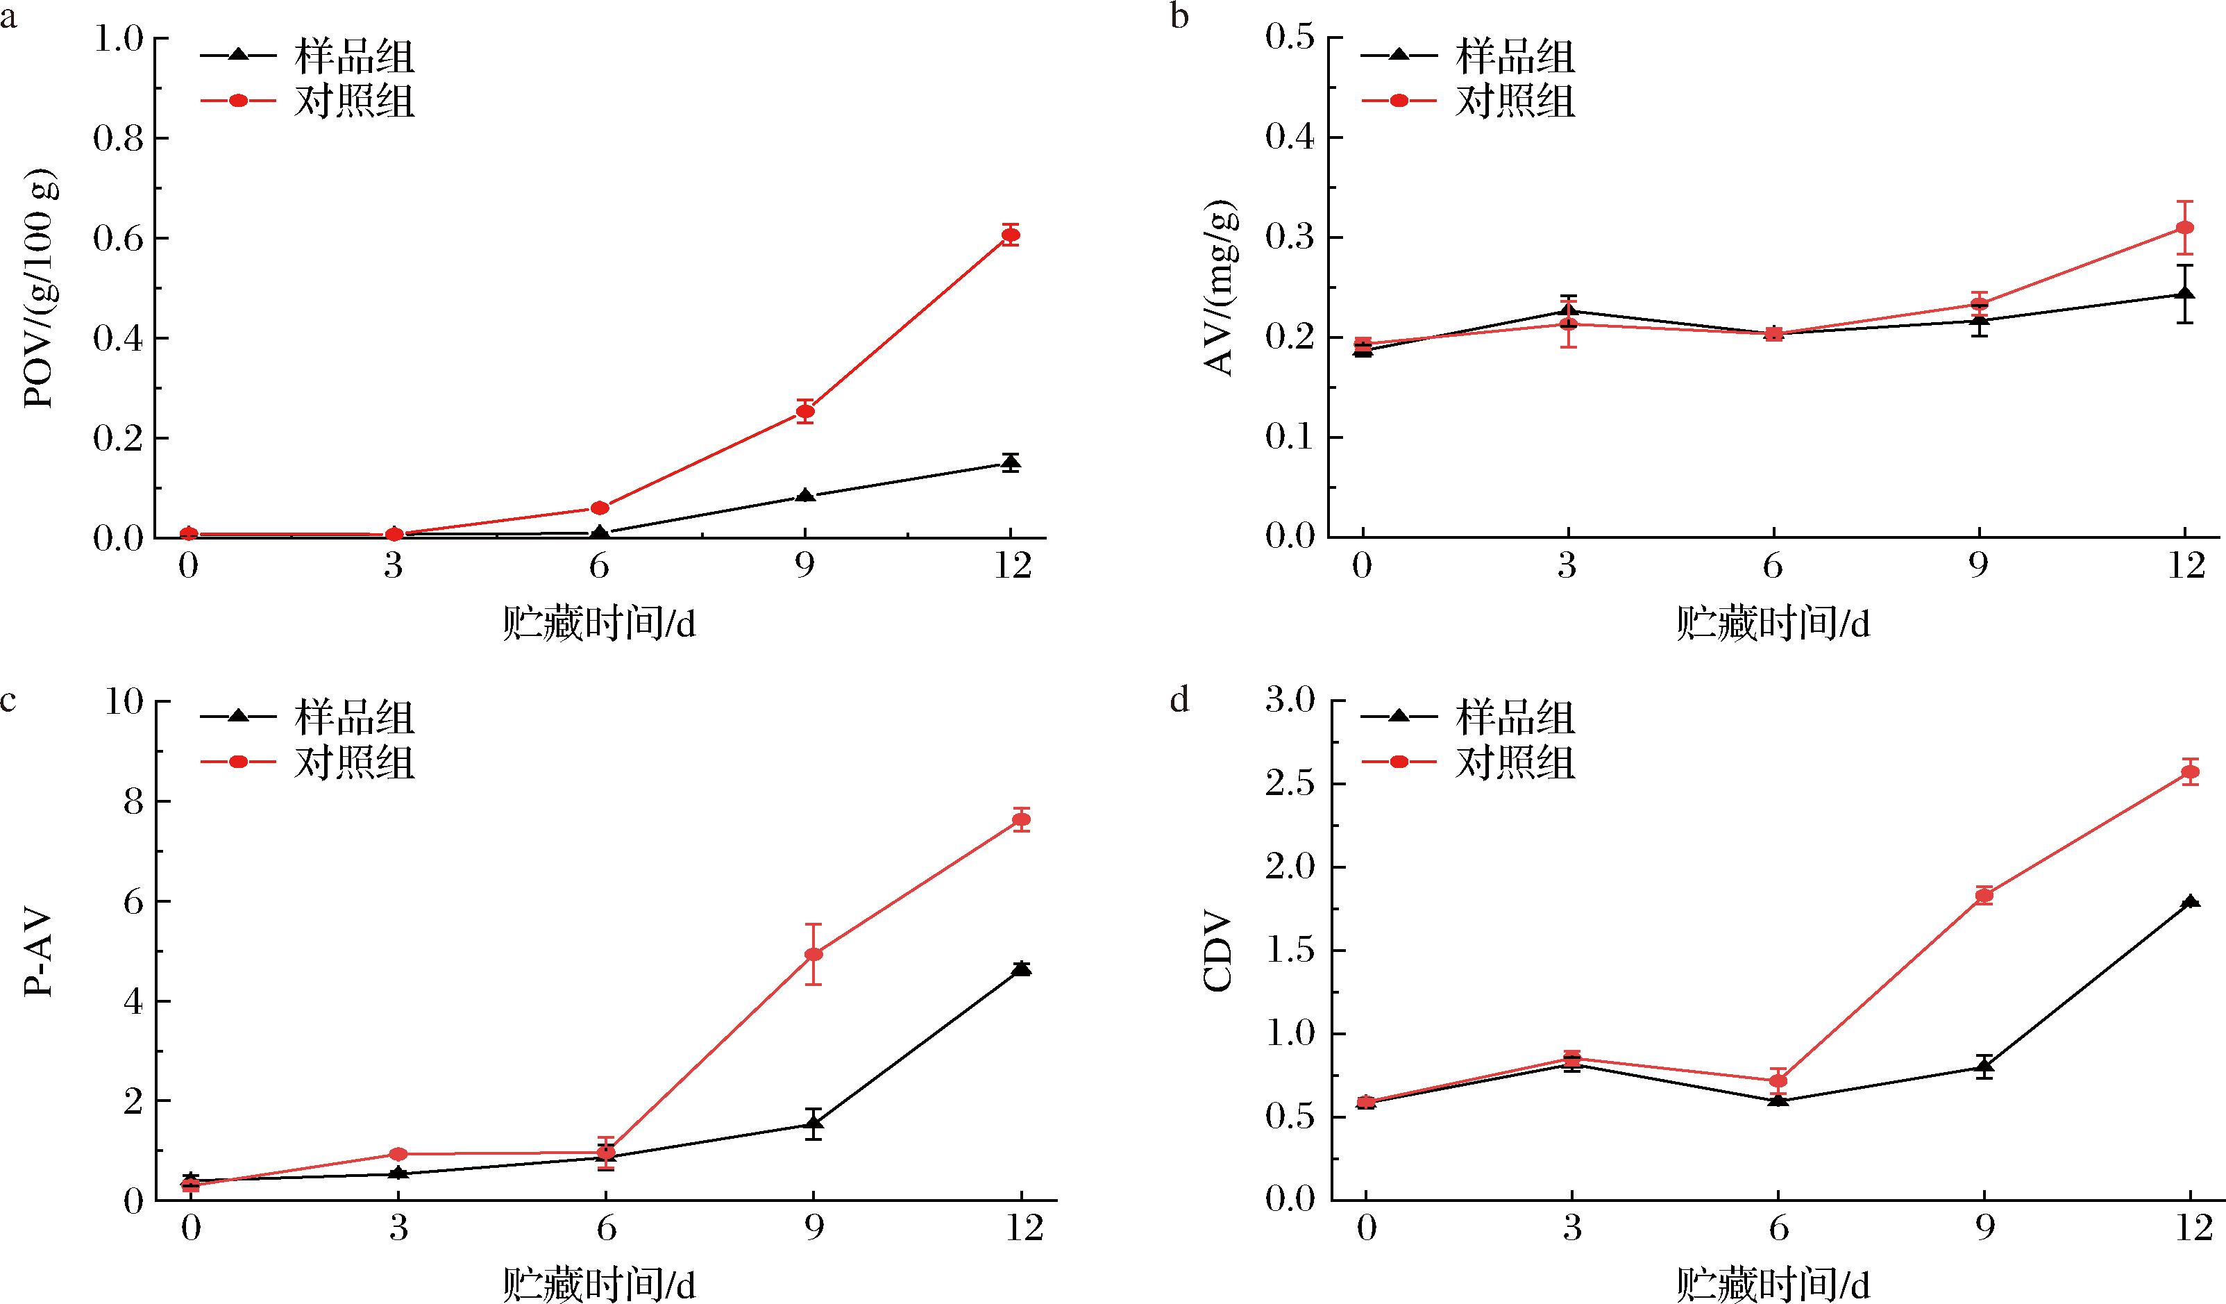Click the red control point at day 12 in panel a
point(1011,235)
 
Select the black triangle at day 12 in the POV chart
point(1011,462)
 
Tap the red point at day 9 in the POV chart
point(804,411)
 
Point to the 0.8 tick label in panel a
point(119,139)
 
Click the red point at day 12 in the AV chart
point(2185,227)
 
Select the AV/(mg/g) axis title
point(1222,288)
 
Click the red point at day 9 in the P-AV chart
point(813,954)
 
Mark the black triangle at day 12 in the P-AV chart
point(1021,969)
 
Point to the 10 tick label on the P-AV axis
point(124,703)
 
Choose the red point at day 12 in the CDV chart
point(2191,772)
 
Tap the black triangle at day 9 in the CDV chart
point(1984,1067)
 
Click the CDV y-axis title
point(1219,953)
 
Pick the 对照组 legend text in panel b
point(1515,101)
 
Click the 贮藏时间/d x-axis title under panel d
point(1773,1285)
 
